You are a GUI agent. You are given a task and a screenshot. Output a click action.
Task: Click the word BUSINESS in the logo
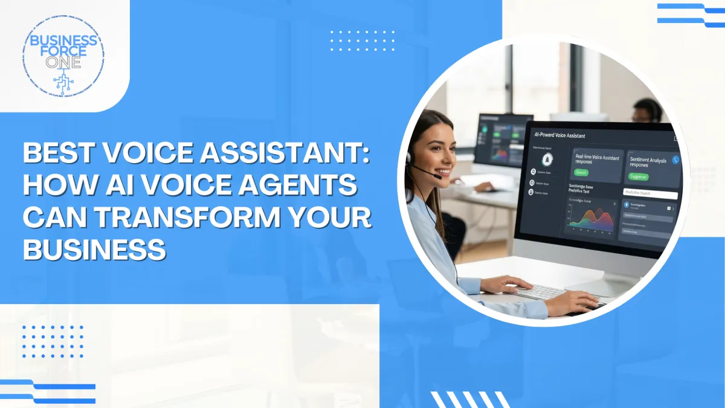tap(63, 40)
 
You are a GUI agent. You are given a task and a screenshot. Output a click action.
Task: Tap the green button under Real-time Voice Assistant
tap(581, 173)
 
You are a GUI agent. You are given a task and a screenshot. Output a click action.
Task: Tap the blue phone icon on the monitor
tap(676, 160)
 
